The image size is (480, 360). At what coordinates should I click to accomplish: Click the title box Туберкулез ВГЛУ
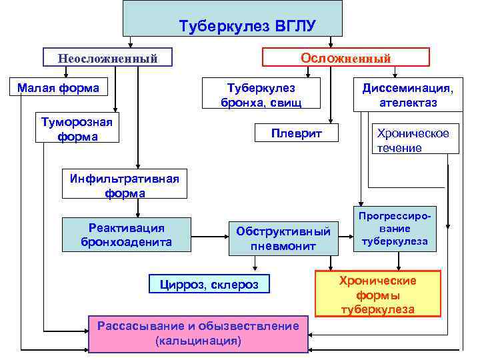click(x=233, y=19)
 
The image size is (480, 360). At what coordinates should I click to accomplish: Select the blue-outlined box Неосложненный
click(x=107, y=58)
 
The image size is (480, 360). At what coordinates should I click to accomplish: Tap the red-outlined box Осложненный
click(x=345, y=57)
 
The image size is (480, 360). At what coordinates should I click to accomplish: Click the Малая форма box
click(x=58, y=87)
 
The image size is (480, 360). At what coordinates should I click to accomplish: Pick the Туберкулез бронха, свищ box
click(x=261, y=95)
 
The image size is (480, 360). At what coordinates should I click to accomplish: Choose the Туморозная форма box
click(x=77, y=129)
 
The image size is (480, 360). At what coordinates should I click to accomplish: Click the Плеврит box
click(x=296, y=133)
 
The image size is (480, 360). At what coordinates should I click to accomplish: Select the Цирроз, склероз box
click(x=209, y=285)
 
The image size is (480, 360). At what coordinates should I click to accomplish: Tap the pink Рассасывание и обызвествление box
click(x=198, y=333)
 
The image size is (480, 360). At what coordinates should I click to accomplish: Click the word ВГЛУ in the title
click(x=293, y=27)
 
